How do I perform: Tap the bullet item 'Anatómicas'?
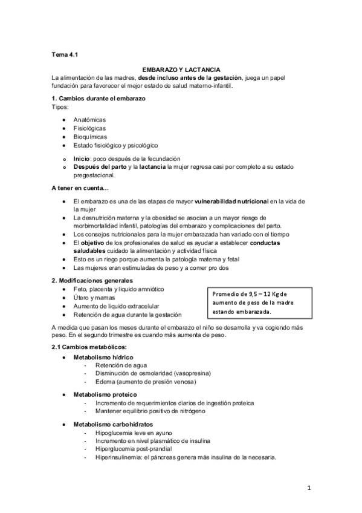(89, 120)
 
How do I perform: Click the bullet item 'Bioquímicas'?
(90, 137)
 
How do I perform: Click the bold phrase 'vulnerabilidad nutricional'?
(231, 200)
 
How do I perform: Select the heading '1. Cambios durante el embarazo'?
(98, 99)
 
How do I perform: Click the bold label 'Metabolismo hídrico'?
(102, 358)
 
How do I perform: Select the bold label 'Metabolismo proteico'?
(104, 394)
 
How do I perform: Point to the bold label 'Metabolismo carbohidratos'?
(112, 424)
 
